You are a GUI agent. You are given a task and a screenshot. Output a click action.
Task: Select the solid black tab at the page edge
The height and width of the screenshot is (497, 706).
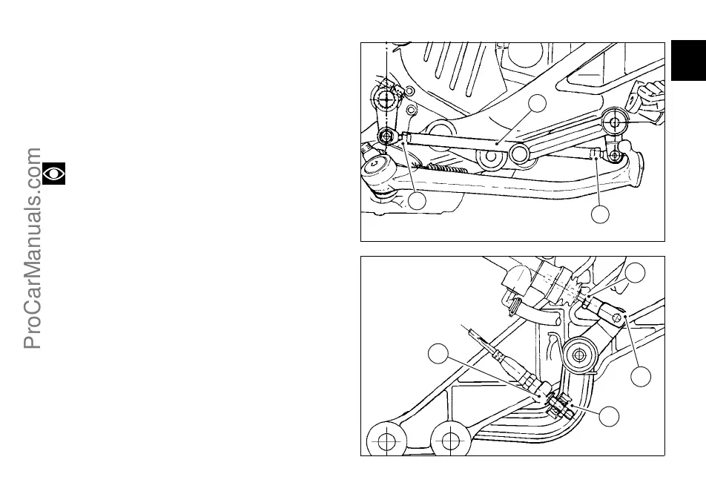pos(688,61)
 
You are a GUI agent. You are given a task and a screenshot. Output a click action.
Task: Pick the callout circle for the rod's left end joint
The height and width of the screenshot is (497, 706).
pos(417,200)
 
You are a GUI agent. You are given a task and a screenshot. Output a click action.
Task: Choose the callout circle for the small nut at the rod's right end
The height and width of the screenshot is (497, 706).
pos(600,214)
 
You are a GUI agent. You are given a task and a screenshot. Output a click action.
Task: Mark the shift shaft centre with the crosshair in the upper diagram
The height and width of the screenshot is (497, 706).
pos(386,99)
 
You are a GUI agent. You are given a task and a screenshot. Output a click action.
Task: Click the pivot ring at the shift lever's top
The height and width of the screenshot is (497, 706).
pos(612,120)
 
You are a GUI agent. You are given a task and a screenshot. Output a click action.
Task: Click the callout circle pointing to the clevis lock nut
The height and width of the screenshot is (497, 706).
pos(636,273)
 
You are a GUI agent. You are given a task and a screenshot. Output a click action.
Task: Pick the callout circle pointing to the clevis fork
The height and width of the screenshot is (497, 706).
pos(641,376)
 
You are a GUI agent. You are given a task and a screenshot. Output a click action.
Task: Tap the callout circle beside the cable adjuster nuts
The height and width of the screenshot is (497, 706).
pos(610,417)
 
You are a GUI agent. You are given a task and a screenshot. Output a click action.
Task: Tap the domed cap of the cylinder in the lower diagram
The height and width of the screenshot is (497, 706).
pos(516,280)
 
